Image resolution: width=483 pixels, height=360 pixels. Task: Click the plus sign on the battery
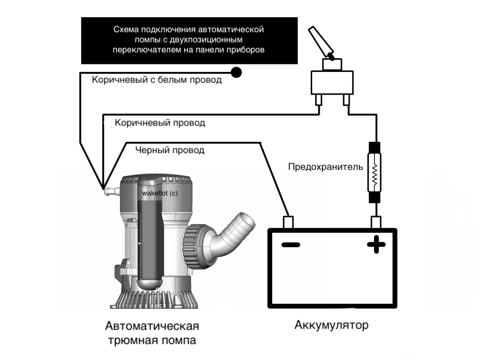pyautogui.click(x=376, y=246)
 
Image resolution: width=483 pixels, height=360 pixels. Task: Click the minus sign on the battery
pyautogui.click(x=290, y=246)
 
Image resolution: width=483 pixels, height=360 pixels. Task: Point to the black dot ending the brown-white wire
pyautogui.click(x=236, y=72)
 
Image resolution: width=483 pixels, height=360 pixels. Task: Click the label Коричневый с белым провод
pyautogui.click(x=157, y=80)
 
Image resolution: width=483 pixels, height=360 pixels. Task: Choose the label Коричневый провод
pyautogui.click(x=160, y=123)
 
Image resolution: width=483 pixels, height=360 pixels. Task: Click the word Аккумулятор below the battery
pyautogui.click(x=331, y=325)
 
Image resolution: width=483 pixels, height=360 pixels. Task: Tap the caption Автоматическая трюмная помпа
pyautogui.click(x=152, y=333)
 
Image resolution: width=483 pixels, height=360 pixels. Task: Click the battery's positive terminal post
pyautogui.click(x=376, y=222)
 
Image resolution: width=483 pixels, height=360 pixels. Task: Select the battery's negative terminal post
pyautogui.click(x=288, y=222)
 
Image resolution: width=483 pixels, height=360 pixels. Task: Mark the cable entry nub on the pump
pyautogui.click(x=108, y=191)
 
